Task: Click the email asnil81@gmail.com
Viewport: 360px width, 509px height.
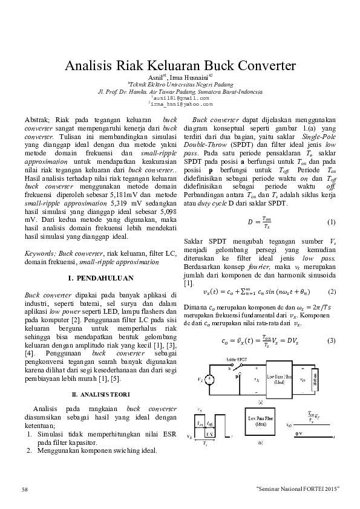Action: pyautogui.click(x=180, y=97)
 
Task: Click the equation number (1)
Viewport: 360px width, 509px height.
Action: pyautogui.click(x=331, y=222)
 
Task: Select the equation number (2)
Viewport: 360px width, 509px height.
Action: pyautogui.click(x=331, y=292)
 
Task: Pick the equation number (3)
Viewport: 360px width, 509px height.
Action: pyautogui.click(x=331, y=341)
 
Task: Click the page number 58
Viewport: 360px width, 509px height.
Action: pyautogui.click(x=25, y=488)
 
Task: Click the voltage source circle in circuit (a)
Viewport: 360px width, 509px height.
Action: pyautogui.click(x=209, y=380)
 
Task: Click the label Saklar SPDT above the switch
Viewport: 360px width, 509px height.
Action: pyautogui.click(x=237, y=359)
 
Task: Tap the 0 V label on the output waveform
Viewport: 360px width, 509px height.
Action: pyautogui.click(x=300, y=433)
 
